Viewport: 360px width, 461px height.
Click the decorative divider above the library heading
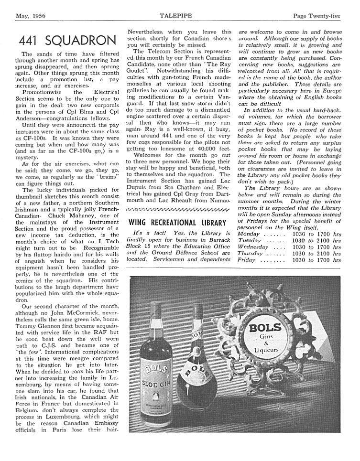click(176, 209)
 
